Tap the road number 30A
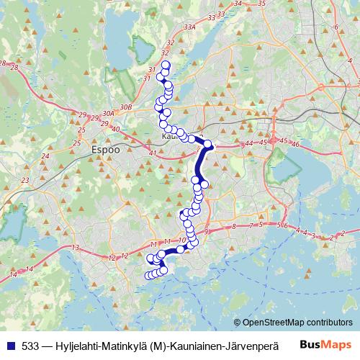pyautogui.click(x=109, y=113)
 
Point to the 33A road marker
pyautogui.click(x=189, y=27)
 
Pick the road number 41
pyautogui.click(x=151, y=154)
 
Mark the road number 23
pyautogui.click(x=26, y=180)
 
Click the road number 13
pyautogui.click(x=75, y=248)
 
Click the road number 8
pyautogui.click(x=234, y=227)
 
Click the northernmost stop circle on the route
pyautogui.click(x=166, y=66)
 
